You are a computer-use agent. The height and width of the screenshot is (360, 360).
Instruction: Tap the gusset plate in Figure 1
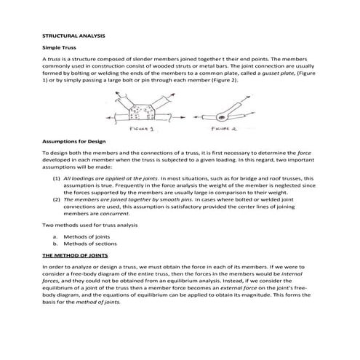click(139, 110)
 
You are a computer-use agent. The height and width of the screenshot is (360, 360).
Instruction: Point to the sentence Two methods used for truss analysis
click(89, 225)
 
